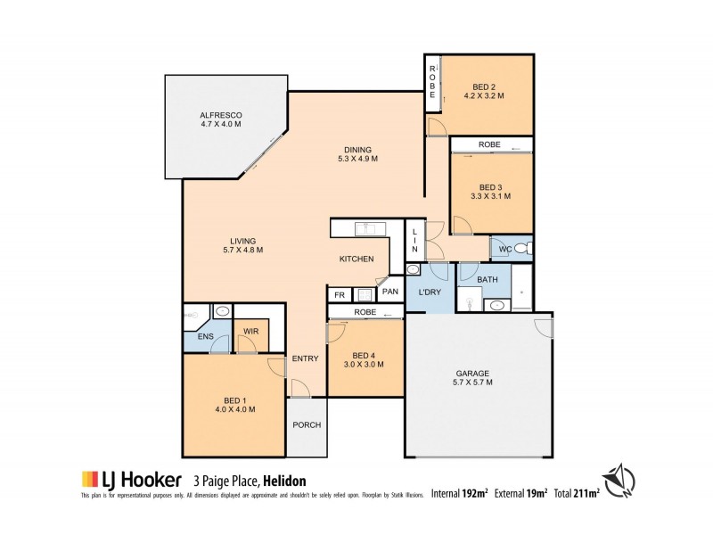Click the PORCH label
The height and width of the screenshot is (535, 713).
[x=306, y=424]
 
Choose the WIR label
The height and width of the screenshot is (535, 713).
[x=250, y=333]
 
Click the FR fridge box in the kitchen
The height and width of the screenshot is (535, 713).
[x=339, y=295]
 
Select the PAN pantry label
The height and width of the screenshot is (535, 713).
[x=389, y=291]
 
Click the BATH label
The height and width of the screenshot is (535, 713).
[x=487, y=280]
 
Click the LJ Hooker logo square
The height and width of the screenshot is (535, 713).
[x=88, y=478]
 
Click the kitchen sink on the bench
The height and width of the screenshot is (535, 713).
[x=365, y=229]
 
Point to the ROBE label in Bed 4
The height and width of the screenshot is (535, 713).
[x=364, y=312]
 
